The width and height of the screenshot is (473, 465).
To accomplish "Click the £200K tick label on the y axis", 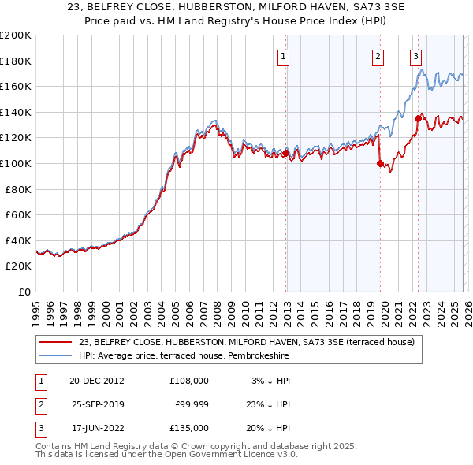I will point(16,35).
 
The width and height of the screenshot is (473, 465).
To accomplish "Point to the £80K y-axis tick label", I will point(18,189).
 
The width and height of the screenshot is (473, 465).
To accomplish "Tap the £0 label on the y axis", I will point(25,292).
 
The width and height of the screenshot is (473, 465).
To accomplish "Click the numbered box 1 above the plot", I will point(282,56).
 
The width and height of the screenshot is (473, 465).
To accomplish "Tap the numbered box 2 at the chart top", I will point(378,56).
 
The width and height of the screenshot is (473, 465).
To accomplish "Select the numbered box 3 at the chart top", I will point(415,56).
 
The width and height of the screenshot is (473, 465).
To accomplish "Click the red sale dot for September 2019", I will point(380,164).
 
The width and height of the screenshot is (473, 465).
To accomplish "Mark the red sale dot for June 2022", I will point(418,119).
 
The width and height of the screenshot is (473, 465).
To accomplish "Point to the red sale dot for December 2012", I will point(286,153).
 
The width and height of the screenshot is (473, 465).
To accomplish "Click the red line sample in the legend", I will point(57,342).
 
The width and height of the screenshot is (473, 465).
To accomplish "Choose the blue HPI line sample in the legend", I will point(57,355).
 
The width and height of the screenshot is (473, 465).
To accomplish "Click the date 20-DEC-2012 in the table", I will point(96,380).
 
